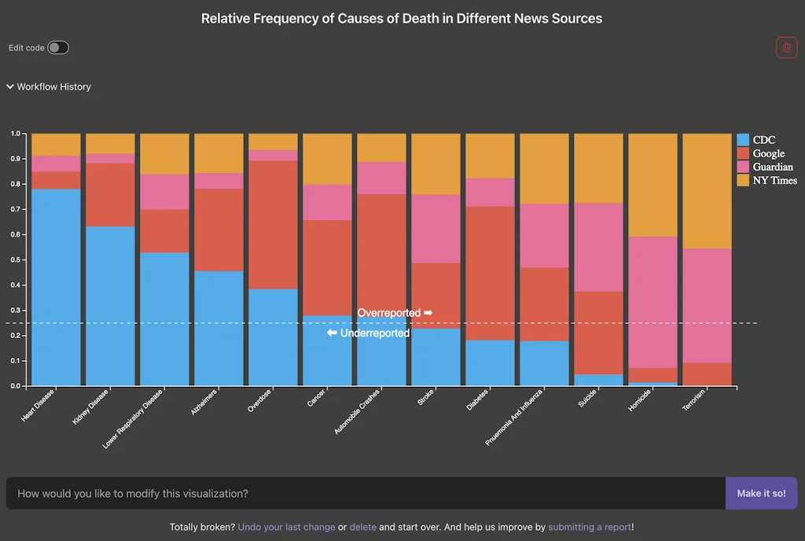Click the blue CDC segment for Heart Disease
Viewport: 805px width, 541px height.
coord(56,287)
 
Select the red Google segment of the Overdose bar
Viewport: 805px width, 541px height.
coord(273,225)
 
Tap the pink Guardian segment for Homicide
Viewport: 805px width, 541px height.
coord(652,302)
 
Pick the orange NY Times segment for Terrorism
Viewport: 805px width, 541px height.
coord(707,191)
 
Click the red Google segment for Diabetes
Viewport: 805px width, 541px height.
coord(490,273)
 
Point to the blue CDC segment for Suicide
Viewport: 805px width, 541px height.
coord(598,380)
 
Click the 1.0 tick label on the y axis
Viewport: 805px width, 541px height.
coord(15,134)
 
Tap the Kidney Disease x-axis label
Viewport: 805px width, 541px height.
coord(90,406)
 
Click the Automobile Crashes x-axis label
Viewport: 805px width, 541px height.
coord(358,410)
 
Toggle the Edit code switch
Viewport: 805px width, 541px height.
coord(58,48)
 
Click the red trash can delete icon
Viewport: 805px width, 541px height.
coord(786,47)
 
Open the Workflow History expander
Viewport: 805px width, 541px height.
coord(49,86)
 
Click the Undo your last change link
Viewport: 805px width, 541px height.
coord(286,527)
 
